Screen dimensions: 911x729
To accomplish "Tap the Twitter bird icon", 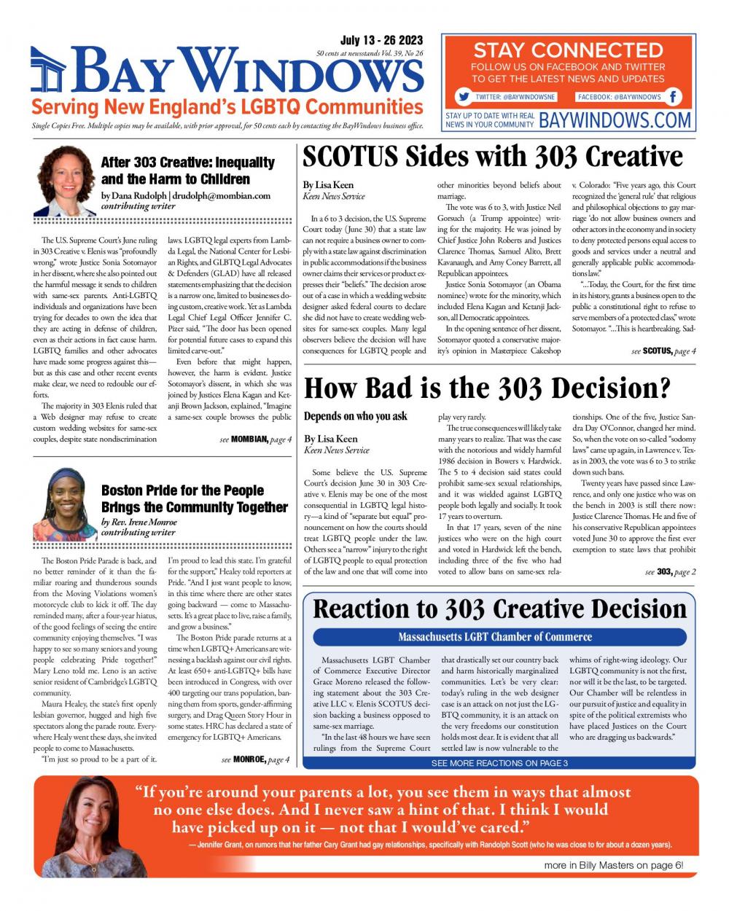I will click(x=462, y=96).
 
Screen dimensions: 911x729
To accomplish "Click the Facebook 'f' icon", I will click(x=674, y=96).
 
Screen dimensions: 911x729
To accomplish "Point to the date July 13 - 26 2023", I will click(x=381, y=41).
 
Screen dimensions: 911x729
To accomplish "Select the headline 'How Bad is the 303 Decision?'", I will click(x=486, y=388).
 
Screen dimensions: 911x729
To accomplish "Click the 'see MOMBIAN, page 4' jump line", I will click(x=255, y=439).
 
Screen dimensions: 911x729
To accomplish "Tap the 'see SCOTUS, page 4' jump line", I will click(x=663, y=351).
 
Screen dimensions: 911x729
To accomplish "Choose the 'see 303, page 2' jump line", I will click(x=670, y=572).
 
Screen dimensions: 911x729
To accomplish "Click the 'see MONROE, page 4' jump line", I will click(x=255, y=760).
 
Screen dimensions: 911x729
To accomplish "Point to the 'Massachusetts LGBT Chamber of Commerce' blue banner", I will click(x=495, y=637).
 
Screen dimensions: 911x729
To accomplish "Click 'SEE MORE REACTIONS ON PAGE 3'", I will click(x=499, y=763).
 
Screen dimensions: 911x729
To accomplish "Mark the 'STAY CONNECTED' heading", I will click(x=568, y=50).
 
